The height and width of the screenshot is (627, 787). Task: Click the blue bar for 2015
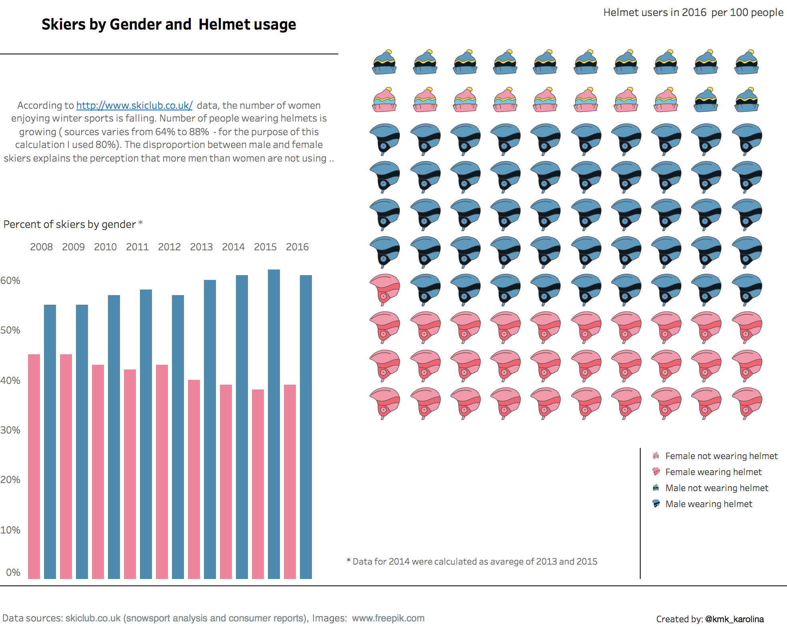point(274,424)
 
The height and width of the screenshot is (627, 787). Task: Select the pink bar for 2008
point(34,466)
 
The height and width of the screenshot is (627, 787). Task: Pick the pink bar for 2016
point(290,481)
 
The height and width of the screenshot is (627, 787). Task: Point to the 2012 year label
point(169,247)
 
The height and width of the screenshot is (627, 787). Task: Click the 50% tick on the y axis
point(10,330)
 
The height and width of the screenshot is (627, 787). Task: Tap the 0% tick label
point(13,572)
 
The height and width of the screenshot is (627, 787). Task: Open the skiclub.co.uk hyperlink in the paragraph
point(134,105)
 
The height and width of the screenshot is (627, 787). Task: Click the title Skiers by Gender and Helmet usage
point(169,24)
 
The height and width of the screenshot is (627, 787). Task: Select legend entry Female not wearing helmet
point(721,456)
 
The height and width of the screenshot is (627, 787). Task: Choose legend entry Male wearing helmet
point(708,504)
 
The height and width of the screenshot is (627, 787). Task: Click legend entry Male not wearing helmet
point(716,488)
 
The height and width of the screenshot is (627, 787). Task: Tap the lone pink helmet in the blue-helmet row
point(385,289)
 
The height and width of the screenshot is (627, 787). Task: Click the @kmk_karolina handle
point(734,619)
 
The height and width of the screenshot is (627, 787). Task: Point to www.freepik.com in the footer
point(388,618)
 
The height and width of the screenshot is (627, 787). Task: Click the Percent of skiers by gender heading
point(70,224)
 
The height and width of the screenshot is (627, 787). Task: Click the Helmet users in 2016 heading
point(693,12)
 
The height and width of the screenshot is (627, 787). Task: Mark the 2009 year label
point(73,247)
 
